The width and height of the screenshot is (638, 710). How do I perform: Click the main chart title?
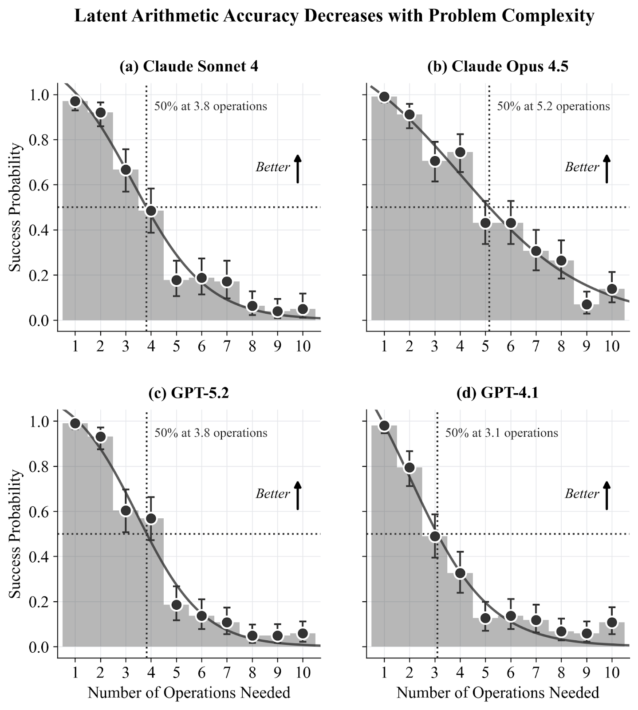point(334,16)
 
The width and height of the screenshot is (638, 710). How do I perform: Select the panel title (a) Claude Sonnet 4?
point(189,66)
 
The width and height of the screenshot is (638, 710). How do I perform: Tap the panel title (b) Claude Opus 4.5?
point(498,66)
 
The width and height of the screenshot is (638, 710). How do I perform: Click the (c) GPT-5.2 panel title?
point(189,393)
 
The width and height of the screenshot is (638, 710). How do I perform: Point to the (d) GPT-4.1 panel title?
point(497,393)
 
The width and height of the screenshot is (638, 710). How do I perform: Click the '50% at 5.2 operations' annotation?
point(553,106)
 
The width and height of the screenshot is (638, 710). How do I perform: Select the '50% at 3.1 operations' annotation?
point(502,433)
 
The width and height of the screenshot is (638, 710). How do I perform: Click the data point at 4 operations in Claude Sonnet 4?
point(151,211)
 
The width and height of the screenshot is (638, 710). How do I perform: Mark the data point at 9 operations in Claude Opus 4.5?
point(587,304)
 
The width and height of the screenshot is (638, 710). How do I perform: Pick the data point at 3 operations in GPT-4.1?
point(435,536)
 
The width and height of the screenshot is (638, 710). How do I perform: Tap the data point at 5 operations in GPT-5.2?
point(176,605)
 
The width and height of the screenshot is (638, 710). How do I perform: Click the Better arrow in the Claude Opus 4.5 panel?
point(606,169)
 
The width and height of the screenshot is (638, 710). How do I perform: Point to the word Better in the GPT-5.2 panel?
point(272,494)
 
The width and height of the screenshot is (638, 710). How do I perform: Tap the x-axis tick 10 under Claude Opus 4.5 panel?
point(612,346)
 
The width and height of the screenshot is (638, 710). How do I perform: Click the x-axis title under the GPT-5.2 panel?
point(189,693)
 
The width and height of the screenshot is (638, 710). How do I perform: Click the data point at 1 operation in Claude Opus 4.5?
point(384,97)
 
